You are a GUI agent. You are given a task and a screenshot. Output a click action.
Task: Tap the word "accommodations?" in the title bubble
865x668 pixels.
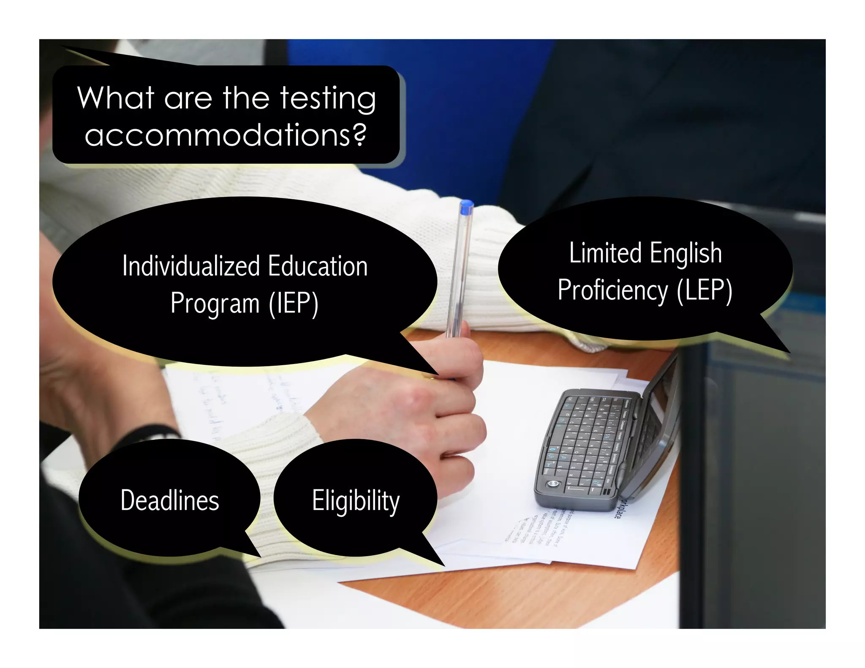[226, 135]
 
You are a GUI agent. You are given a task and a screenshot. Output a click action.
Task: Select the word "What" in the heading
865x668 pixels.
[115, 98]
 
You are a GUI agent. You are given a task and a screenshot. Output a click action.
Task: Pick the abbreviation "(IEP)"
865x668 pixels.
[294, 303]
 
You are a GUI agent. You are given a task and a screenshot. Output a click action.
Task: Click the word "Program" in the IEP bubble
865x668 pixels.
[215, 304]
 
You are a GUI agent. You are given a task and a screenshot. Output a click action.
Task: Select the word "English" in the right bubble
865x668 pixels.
[685, 254]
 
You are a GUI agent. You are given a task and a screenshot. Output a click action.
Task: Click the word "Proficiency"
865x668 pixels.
[613, 291]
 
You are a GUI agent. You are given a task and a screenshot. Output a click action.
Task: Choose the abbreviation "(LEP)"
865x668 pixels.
[705, 291]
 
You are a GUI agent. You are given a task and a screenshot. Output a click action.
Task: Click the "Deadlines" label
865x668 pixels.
[170, 500]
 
